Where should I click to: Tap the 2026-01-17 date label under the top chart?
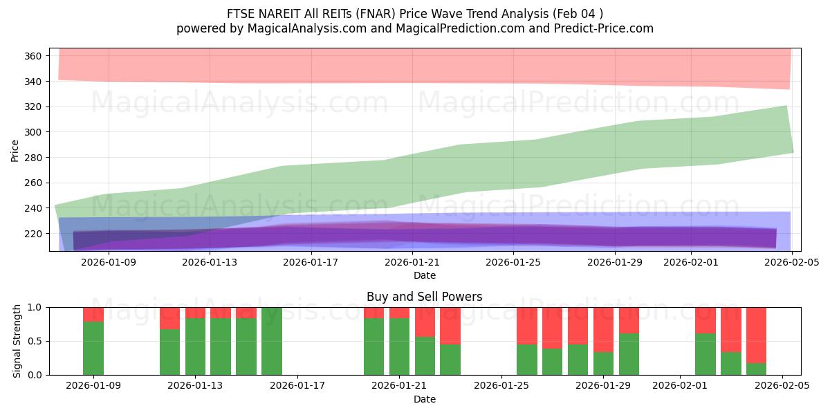point(311,262)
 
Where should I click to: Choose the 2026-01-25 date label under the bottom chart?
point(501,386)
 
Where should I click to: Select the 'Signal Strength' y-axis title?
point(18,341)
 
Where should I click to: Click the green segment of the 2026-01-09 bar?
point(93,348)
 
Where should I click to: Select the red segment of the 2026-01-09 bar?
point(93,314)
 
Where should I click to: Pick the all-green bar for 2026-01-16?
point(272,341)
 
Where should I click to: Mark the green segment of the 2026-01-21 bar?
point(399,347)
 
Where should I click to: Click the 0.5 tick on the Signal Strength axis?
point(36,341)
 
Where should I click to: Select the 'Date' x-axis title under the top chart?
point(424,275)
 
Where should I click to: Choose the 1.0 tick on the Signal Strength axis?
point(36,307)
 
